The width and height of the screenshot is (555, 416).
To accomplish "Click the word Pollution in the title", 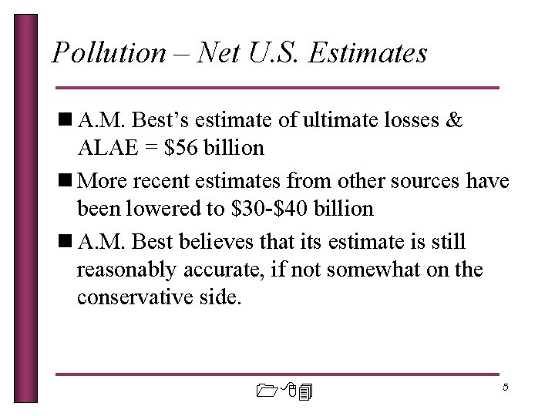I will (108, 52).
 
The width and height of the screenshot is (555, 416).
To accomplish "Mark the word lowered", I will (162, 208).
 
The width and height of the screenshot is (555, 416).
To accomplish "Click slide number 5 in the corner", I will (505, 387).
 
